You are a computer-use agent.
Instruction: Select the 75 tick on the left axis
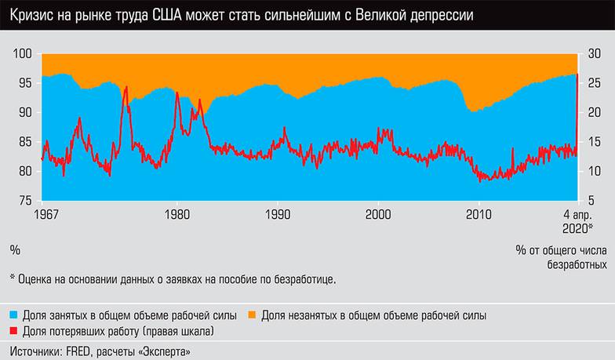point(24,201)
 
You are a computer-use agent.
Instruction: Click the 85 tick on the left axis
point(24,142)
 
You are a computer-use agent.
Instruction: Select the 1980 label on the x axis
point(176,213)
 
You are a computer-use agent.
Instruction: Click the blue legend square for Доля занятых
point(14,315)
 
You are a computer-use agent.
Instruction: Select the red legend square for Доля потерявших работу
point(14,331)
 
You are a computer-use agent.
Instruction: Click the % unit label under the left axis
point(14,250)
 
